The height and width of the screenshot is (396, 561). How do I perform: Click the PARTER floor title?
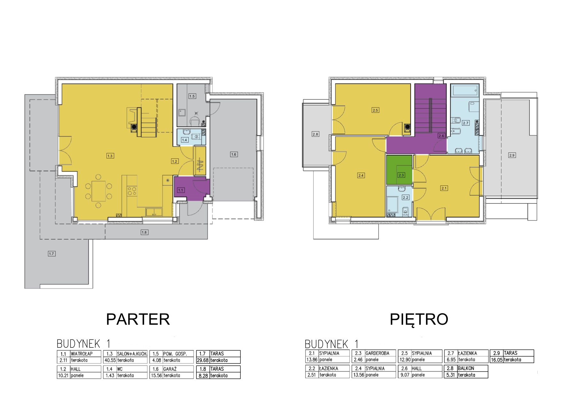138,319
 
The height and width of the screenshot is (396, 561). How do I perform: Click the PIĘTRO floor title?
419,319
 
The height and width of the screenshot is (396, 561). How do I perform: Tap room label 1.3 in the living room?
110,156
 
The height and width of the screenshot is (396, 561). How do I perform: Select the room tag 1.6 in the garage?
233,154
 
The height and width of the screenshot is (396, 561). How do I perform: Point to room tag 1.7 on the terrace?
51,254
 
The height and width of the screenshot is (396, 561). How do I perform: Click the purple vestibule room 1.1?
191,189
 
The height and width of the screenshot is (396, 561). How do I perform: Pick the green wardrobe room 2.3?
399,170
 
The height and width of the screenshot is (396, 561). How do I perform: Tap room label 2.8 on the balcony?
315,134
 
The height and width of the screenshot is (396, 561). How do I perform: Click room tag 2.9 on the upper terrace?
512,155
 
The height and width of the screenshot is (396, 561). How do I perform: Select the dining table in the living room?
99,191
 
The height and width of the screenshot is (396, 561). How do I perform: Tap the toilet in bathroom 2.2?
406,210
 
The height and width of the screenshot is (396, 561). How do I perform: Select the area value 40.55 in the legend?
109,360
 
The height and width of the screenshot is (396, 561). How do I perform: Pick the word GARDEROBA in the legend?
377,353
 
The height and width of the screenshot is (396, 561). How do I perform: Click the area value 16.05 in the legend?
496,360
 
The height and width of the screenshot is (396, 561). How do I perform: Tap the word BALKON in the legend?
466,368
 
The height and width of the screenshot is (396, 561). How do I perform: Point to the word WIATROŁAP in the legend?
82,354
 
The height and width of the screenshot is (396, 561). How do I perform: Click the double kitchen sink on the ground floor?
154,212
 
